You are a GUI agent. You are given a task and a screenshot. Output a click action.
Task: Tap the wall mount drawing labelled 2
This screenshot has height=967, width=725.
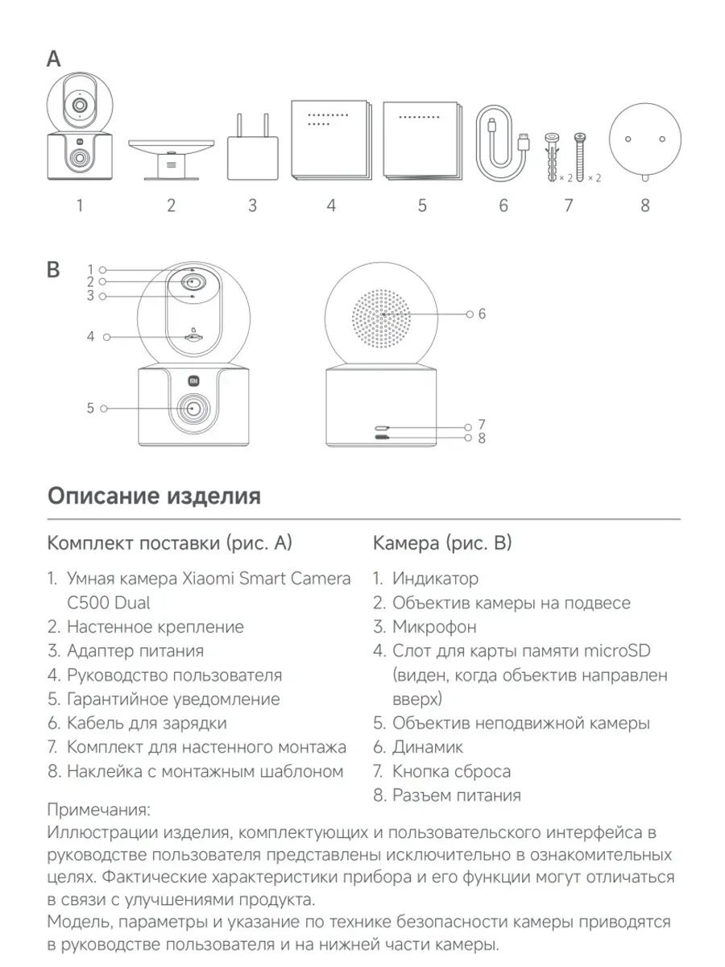pyautogui.click(x=171, y=155)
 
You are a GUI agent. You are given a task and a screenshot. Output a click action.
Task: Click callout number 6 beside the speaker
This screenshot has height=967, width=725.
pyautogui.click(x=482, y=313)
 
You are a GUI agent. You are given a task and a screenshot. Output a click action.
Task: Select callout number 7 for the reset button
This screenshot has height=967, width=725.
pyautogui.click(x=482, y=424)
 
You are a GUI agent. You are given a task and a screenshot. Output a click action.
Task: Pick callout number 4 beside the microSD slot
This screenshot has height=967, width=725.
pyautogui.click(x=91, y=336)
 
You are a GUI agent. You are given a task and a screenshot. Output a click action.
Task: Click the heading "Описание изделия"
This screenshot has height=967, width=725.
pyautogui.click(x=154, y=496)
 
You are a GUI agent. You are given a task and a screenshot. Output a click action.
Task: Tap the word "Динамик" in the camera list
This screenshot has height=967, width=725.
pyautogui.click(x=428, y=747)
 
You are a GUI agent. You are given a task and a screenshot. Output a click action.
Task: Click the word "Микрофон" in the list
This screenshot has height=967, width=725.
pyautogui.click(x=434, y=626)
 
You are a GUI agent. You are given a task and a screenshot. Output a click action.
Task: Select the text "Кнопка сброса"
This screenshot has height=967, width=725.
pyautogui.click(x=451, y=771)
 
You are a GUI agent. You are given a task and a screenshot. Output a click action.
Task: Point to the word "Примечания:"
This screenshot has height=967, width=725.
pyautogui.click(x=99, y=808)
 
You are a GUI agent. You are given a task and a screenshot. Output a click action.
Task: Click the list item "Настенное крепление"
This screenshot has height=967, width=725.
pyautogui.click(x=155, y=626)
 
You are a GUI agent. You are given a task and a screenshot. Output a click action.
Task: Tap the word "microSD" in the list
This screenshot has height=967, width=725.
pyautogui.click(x=618, y=650)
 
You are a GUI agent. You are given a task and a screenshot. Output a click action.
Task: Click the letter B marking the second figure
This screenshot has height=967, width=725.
pyautogui.click(x=54, y=270)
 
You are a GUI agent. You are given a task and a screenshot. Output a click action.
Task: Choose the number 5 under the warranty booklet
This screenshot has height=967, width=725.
pyautogui.click(x=422, y=205)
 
